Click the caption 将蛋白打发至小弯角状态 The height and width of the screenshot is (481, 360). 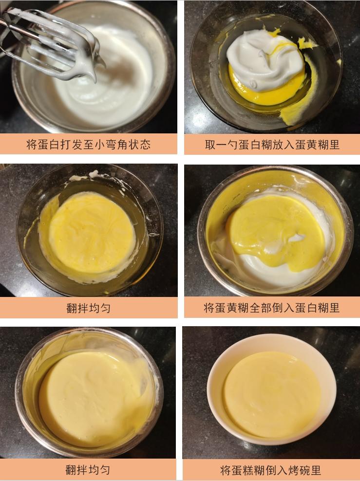(x=88, y=145)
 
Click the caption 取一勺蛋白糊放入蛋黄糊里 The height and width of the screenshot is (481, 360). (x=272, y=145)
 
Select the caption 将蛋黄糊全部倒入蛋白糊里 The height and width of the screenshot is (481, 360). (x=272, y=308)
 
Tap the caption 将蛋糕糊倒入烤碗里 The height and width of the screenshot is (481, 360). (x=271, y=470)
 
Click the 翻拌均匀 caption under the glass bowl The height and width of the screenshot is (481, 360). (x=88, y=308)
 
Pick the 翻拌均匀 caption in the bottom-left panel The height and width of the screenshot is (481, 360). (x=88, y=470)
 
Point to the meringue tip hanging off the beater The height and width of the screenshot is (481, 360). (x=93, y=73)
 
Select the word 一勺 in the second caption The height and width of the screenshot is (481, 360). (x=226, y=145)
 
